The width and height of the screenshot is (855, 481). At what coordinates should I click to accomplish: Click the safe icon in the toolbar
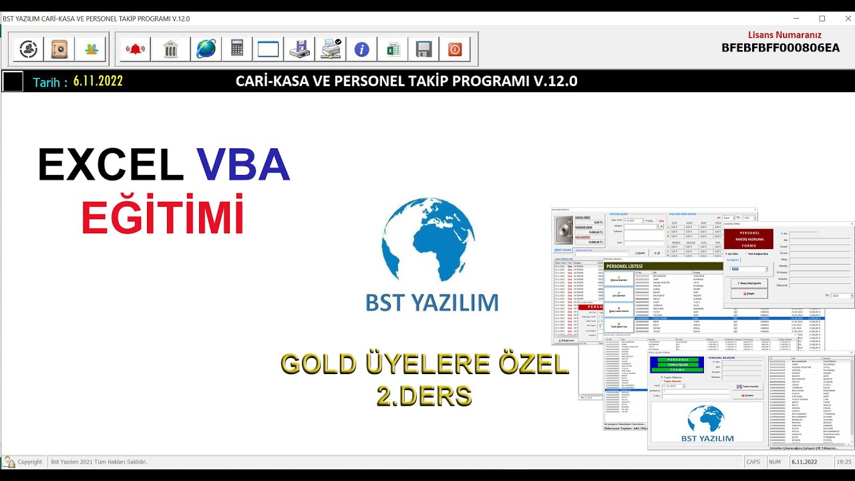[59, 49]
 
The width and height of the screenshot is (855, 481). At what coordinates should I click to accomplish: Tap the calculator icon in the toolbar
[237, 49]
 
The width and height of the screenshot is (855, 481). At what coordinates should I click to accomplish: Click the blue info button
[361, 49]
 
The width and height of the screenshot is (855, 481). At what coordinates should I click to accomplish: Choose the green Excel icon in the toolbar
[393, 49]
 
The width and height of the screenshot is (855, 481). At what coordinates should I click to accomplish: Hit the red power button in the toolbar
[455, 49]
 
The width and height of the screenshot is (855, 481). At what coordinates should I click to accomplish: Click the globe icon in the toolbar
[206, 49]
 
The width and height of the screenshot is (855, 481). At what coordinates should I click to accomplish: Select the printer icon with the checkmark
[331, 49]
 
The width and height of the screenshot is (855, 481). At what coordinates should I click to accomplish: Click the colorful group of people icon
[91, 49]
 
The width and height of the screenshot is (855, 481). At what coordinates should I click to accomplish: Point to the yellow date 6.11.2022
[98, 82]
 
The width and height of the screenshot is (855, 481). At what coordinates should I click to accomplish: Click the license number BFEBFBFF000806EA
[780, 48]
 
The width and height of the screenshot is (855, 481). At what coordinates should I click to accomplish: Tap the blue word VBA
[243, 164]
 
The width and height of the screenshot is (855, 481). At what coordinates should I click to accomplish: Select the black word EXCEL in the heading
[111, 164]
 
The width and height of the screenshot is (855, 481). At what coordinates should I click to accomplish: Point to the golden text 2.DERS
[424, 396]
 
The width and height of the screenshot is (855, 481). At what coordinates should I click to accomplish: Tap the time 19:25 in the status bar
[844, 462]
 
